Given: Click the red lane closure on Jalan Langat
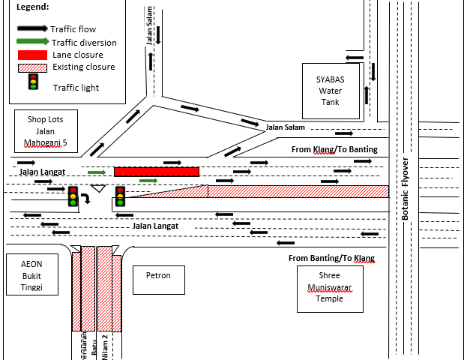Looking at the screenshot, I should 157,172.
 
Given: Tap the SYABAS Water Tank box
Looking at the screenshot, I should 331,85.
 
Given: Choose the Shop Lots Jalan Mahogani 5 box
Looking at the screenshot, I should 46,130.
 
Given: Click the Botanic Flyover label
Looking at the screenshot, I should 406,188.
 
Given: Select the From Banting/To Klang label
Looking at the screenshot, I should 331,259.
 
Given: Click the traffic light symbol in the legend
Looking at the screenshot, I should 32,82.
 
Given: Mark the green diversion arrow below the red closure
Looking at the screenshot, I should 148,181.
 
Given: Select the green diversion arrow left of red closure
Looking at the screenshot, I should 97,172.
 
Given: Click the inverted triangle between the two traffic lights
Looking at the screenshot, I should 98,187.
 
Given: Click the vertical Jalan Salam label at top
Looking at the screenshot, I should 151,30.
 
